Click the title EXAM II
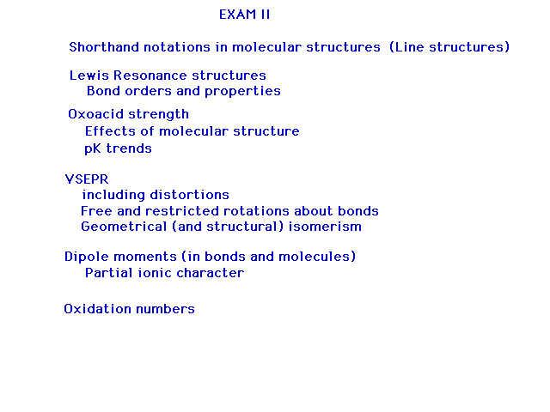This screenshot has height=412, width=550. click(x=244, y=15)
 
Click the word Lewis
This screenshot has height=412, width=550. click(x=89, y=76)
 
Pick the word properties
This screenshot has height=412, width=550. click(x=242, y=92)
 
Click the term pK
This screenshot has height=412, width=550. click(x=93, y=148)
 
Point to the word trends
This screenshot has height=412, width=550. click(x=129, y=148)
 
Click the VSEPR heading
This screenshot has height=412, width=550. click(x=87, y=179)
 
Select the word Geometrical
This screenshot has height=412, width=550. click(x=124, y=227)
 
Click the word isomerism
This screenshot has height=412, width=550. click(x=325, y=227)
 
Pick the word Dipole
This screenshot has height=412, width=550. click(x=87, y=257)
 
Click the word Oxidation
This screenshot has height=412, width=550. click(x=97, y=309)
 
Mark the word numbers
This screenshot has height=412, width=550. click(x=165, y=309)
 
